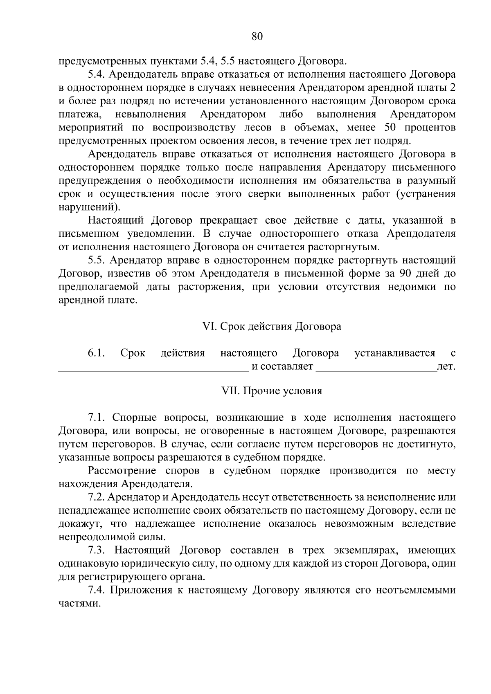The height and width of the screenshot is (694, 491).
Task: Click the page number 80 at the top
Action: (x=257, y=36)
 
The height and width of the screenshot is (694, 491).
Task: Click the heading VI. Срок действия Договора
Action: (x=272, y=327)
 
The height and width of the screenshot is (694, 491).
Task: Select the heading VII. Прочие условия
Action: (x=272, y=391)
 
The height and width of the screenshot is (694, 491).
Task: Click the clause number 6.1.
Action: (x=96, y=353)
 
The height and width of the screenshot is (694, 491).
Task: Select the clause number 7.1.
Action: (x=96, y=418)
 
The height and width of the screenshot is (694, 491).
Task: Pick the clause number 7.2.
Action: (x=96, y=497)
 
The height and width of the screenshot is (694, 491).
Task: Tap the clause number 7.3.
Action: (x=96, y=550)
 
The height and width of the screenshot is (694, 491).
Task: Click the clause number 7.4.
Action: (x=96, y=590)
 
